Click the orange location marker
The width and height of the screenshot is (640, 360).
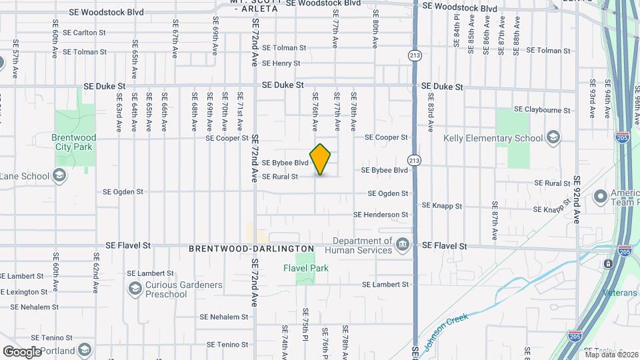tap(321, 159)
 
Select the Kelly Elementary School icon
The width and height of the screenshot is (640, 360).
tap(552, 138)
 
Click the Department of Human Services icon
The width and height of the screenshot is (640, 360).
tap(402, 245)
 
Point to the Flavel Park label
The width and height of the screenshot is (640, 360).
tap(306, 268)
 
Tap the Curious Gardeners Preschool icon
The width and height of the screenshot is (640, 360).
tap(135, 289)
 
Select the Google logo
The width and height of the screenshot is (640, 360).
tap(22, 351)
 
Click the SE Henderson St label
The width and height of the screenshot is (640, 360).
tap(381, 215)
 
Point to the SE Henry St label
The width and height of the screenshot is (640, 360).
tap(281, 63)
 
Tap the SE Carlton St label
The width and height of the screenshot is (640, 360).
tap(84, 32)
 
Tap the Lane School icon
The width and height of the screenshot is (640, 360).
tap(59, 176)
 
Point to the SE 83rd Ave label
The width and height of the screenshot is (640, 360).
tap(431, 115)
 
